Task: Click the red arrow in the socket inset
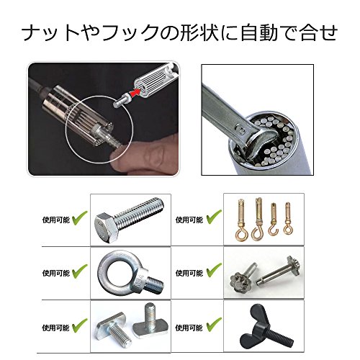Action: pyautogui.click(x=135, y=91)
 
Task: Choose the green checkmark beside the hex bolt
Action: pyautogui.click(x=80, y=218)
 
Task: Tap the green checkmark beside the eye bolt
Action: pyautogui.click(x=80, y=271)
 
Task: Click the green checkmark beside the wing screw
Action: pyautogui.click(x=214, y=325)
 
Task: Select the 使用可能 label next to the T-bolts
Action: pyautogui.click(x=55, y=328)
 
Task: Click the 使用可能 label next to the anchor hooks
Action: pyautogui.click(x=189, y=220)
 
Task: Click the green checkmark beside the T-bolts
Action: pyautogui.click(x=80, y=325)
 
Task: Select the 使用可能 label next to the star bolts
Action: pyautogui.click(x=189, y=273)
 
